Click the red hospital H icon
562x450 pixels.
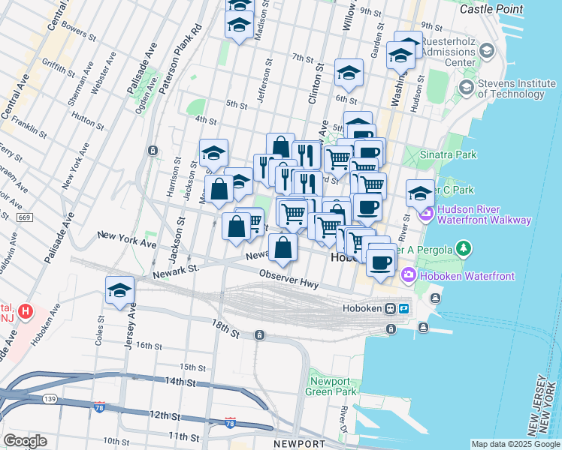click(26, 310)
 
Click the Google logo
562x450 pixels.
click(25, 441)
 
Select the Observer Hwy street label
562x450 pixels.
click(289, 280)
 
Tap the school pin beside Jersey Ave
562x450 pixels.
click(119, 291)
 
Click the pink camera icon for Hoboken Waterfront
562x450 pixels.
click(409, 275)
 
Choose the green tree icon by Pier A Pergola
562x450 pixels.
click(464, 248)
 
